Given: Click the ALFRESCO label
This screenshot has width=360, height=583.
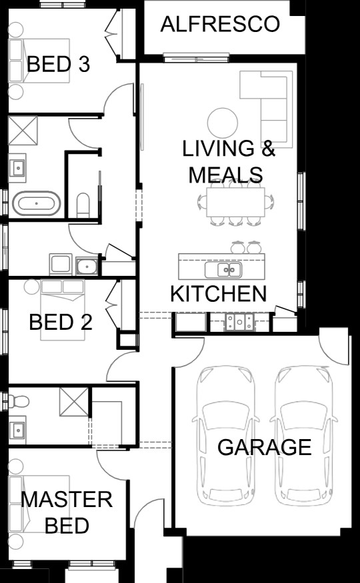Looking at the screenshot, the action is point(220,24).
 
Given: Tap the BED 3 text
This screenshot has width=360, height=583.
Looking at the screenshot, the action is point(58,64).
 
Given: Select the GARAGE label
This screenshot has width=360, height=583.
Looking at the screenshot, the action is point(264,447).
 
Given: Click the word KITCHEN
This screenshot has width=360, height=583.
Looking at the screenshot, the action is point(218,294).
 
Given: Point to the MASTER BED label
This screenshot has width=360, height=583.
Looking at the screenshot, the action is point(67,512).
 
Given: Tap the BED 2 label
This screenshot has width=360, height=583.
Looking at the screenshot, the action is point(61,322).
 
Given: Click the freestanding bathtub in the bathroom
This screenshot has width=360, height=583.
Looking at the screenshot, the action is point(36,203).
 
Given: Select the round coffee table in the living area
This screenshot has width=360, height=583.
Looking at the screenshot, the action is point(223,123).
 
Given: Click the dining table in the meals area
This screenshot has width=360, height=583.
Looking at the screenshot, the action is point(235,202).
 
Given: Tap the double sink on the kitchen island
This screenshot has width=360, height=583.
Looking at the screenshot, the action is point(223,270).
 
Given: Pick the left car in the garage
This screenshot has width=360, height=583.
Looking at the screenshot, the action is point(225,436).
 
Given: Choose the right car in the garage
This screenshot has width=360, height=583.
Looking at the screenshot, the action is point(303,436).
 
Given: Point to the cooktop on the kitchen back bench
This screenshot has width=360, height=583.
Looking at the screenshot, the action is point(239,321).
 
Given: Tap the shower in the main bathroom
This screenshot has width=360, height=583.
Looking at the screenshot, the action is point(23,131).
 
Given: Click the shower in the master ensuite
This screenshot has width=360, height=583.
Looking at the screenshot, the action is point(74,402).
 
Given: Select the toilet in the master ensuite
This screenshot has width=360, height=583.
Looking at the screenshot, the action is point(19,402).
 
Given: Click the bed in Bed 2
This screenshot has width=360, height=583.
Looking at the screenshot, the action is point(63,310).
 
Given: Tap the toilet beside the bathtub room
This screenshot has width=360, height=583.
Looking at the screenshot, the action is point(83,205).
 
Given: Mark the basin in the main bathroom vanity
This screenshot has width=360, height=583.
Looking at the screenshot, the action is point(17,168).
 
